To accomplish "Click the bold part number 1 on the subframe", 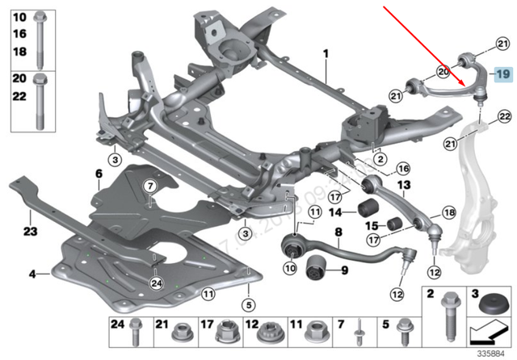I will click(x=326, y=54).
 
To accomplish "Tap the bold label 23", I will click(x=31, y=231).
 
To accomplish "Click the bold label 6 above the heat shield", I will click(x=99, y=174).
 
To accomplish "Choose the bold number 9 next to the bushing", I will click(x=343, y=270).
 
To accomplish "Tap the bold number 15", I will click(x=372, y=225).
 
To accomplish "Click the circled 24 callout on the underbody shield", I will click(x=156, y=282).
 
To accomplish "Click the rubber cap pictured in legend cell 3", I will click(x=488, y=310).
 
